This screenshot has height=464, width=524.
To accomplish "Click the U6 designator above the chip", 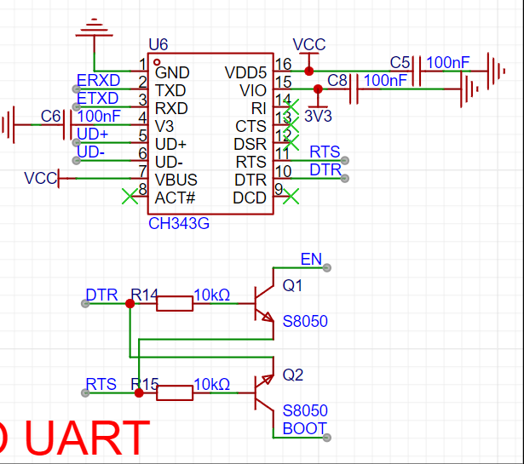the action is click(x=158, y=44).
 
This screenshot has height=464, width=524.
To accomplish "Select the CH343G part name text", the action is click(x=179, y=223).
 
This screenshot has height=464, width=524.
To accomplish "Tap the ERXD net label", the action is click(x=98, y=80).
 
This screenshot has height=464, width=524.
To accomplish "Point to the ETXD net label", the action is click(x=98, y=98).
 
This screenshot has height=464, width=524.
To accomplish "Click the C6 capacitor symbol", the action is click(x=67, y=125).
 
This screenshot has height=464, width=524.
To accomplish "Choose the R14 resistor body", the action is click(x=175, y=303).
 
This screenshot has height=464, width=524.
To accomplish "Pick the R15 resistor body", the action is click(x=175, y=392).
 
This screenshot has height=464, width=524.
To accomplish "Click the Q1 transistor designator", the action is click(x=292, y=285).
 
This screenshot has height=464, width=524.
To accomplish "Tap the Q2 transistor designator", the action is click(x=293, y=375).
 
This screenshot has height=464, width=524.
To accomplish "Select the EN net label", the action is click(x=311, y=259).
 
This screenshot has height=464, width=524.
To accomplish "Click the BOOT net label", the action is click(x=304, y=428).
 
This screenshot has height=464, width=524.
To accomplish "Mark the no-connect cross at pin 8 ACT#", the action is click(x=130, y=197).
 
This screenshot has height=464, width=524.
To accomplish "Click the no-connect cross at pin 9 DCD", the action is click(x=291, y=197).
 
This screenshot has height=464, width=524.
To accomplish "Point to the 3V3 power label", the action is click(x=318, y=116).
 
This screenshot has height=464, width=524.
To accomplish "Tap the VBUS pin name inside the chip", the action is click(x=176, y=180).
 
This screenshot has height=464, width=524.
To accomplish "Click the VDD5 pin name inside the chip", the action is click(x=245, y=72).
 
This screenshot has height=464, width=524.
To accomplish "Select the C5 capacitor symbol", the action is click(x=417, y=72).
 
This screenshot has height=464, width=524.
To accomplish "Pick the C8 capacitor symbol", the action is click(x=354, y=89).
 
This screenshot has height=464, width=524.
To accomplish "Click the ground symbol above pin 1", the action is click(x=95, y=28).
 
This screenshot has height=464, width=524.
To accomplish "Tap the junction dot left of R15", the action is click(x=139, y=392).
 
